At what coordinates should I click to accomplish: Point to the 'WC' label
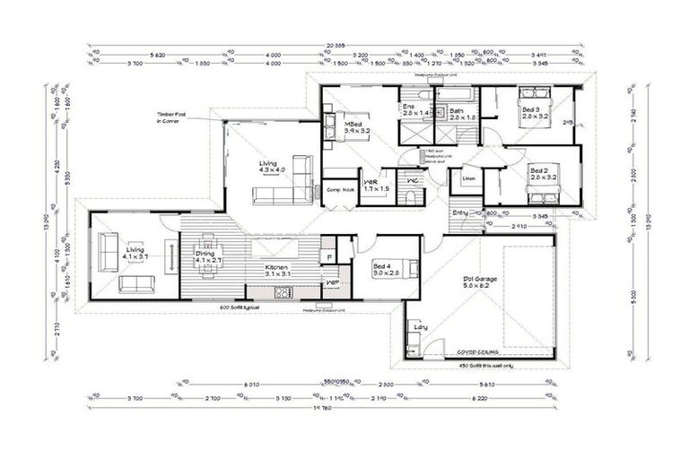click(x=413, y=180)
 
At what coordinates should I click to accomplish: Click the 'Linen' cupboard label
click(x=468, y=178)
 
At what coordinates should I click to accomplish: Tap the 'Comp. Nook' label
click(x=339, y=189)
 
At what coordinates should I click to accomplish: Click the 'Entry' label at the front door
click(x=460, y=212)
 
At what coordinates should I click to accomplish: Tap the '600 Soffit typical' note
click(x=244, y=307)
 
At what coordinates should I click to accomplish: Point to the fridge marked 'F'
click(x=329, y=256)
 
